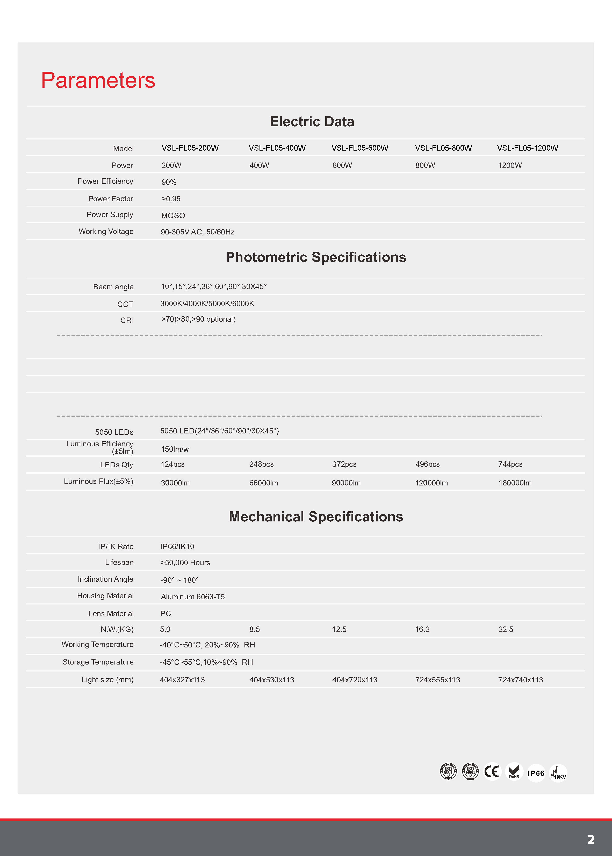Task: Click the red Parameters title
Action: [x=98, y=80]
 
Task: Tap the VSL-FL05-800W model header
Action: [x=443, y=148]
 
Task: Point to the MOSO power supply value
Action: [x=173, y=215]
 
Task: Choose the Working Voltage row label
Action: [x=106, y=231]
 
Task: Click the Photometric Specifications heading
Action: [x=316, y=257]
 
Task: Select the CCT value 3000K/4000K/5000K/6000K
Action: [x=207, y=303]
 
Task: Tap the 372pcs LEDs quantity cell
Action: [x=344, y=464]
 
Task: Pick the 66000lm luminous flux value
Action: [x=263, y=483]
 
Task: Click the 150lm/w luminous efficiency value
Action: [x=175, y=449]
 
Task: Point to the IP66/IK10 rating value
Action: [x=177, y=546]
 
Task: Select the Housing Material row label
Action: [x=105, y=595]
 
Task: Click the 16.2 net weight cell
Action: [x=422, y=629]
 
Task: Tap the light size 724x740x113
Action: [x=520, y=680]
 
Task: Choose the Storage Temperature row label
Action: [x=98, y=662]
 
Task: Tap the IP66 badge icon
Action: [x=536, y=773]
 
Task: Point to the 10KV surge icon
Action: [x=558, y=773]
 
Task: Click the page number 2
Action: [x=591, y=839]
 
